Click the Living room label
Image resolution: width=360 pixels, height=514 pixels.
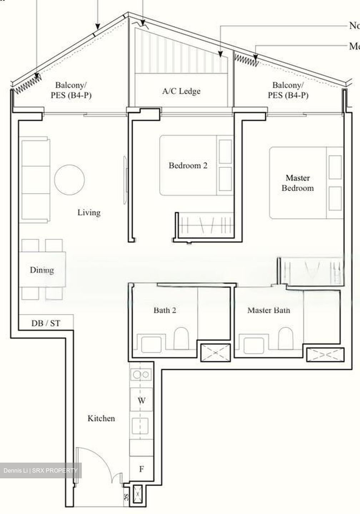pos(89,213)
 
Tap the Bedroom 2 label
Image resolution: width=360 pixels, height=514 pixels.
pos(188,166)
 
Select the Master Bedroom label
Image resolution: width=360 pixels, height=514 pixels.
pos(297,183)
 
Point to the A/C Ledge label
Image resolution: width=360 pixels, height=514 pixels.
pos(181,91)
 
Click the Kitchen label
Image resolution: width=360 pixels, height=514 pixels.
pos(101,418)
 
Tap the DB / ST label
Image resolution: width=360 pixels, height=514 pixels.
pos(46,323)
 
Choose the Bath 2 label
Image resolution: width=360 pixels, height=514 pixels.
pos(165,310)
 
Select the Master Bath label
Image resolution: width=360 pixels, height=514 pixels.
pos(269,310)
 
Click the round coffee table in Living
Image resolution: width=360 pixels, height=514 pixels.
pos(70,180)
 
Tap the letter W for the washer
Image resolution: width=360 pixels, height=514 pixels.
pos(141,400)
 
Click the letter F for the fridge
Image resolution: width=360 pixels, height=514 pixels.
pos(141,469)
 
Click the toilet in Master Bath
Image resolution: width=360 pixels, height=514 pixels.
pos(285,338)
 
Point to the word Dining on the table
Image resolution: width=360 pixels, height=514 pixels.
pos(42,270)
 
